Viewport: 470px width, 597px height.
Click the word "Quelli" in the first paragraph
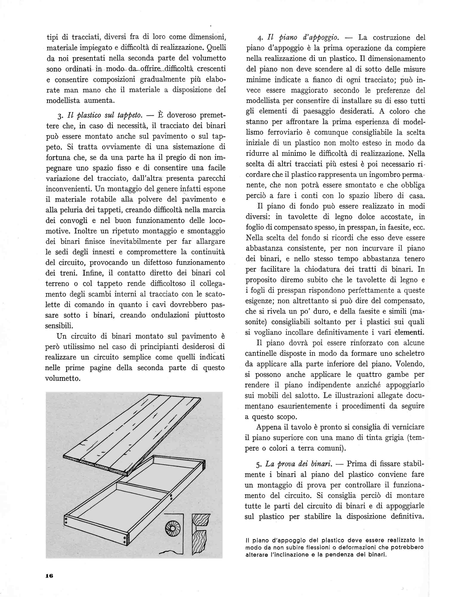click(216, 48)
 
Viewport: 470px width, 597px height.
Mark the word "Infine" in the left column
click(92, 273)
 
